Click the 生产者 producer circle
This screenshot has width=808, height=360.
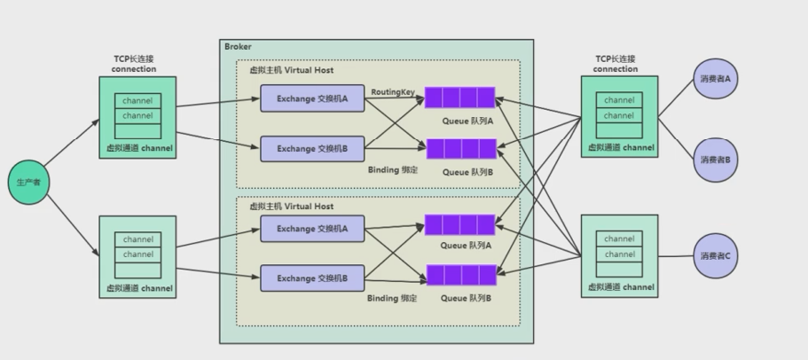pyautogui.click(x=26, y=182)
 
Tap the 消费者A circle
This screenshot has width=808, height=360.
pyautogui.click(x=716, y=79)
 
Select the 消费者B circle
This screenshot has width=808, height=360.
pyautogui.click(x=716, y=160)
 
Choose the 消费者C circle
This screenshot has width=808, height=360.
pyautogui.click(x=716, y=256)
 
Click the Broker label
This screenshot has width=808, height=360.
pyautogui.click(x=238, y=46)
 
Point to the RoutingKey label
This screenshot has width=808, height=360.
pyautogui.click(x=393, y=91)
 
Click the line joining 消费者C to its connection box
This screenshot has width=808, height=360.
pyautogui.click(x=676, y=256)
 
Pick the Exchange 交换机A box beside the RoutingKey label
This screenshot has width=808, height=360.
pyautogui.click(x=313, y=98)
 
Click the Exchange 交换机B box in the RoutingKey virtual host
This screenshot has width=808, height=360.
pyautogui.click(x=313, y=149)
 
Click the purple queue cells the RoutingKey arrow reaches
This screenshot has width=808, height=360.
pyautogui.click(x=460, y=98)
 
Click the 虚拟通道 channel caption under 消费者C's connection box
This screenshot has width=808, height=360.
pyautogui.click(x=620, y=287)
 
